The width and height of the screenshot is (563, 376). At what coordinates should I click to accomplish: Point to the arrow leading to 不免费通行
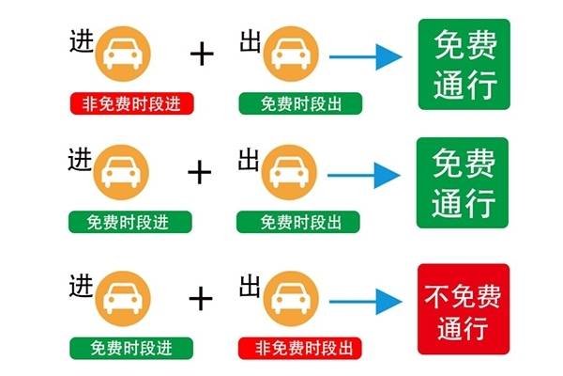pos(365,302)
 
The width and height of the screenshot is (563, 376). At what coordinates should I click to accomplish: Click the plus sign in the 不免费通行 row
pos(201,299)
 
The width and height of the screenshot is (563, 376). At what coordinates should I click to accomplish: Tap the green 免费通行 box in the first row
pos(464,66)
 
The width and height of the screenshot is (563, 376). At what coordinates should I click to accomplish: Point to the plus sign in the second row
pos(200,172)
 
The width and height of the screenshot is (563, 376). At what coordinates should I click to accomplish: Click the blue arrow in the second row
pos(365,175)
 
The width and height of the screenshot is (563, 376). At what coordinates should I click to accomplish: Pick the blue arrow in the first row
pos(365,56)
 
